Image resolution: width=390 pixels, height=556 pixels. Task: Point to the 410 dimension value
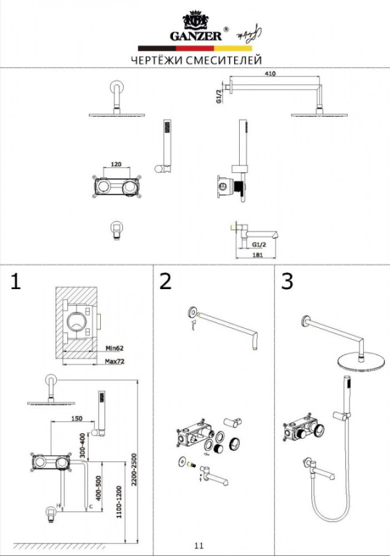point(271,73)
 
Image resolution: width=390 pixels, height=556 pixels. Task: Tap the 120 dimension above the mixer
point(116,165)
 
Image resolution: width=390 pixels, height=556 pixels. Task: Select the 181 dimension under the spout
point(256,255)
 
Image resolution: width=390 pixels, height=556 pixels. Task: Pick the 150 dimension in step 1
point(77,418)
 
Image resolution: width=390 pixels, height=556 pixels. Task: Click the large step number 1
point(16,282)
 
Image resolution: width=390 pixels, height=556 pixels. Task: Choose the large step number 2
point(165,282)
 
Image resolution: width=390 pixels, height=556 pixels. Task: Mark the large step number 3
point(287,282)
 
